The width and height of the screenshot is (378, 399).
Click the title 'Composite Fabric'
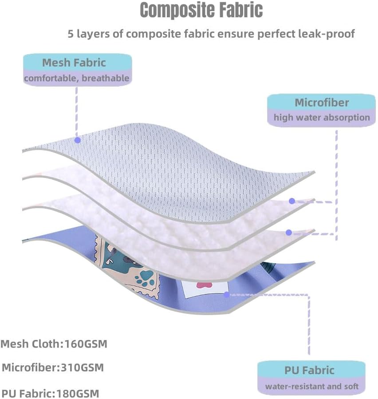point(201,10)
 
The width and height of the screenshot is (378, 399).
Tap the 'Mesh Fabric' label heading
point(74,63)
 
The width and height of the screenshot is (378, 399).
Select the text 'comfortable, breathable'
point(77,78)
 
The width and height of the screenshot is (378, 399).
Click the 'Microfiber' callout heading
point(322,103)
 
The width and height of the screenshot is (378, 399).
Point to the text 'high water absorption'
point(322,117)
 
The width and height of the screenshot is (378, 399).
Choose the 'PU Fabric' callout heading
point(309,370)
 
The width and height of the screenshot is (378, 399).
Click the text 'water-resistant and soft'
point(312,386)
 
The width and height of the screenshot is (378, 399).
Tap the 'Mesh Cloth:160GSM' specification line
point(54,344)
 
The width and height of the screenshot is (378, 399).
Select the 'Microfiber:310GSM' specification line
point(53,367)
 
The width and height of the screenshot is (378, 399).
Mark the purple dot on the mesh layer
point(78,140)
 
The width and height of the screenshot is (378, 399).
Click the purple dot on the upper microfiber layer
point(292,201)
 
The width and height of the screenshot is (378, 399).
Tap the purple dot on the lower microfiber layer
point(289,232)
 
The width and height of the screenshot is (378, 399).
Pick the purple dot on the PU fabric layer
point(226,295)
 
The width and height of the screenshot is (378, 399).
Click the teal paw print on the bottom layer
point(145,278)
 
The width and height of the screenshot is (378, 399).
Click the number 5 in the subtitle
point(71,34)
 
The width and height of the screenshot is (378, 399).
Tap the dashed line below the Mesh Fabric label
point(77,112)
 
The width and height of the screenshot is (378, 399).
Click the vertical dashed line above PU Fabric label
point(309,325)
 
